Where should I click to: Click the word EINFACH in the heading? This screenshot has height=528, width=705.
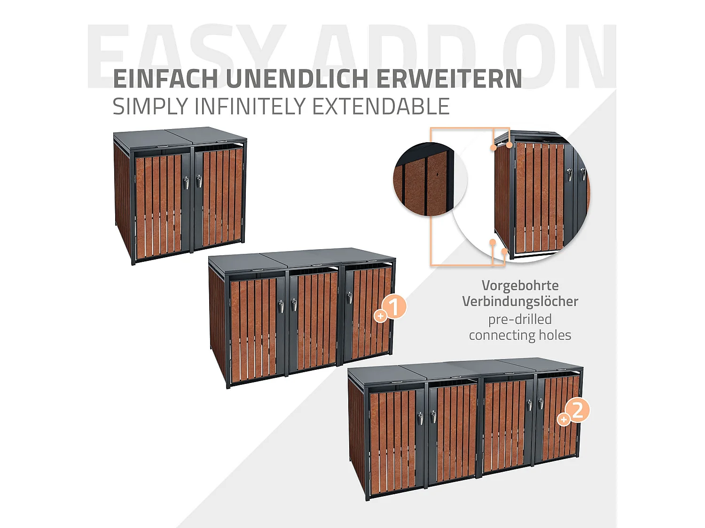(165, 79)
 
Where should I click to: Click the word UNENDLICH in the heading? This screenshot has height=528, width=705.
(297, 79)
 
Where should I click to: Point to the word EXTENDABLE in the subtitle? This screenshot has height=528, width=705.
(381, 107)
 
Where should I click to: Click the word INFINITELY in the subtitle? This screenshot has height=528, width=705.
(252, 107)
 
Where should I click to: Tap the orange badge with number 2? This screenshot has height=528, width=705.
(578, 410)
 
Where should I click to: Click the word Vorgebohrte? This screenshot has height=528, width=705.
(520, 285)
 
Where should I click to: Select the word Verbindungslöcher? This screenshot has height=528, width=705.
(520, 301)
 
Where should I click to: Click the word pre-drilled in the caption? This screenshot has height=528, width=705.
(520, 319)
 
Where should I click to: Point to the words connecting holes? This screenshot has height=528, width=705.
(520, 335)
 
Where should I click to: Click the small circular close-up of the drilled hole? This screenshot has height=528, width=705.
(430, 179)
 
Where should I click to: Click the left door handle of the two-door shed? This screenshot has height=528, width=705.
(187, 182)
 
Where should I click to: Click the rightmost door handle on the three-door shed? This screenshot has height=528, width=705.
(350, 298)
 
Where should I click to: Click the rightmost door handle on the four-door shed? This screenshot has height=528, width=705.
(540, 404)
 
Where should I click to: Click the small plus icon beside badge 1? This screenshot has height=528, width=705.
(380, 316)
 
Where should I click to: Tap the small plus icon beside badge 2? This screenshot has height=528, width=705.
(563, 419)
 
